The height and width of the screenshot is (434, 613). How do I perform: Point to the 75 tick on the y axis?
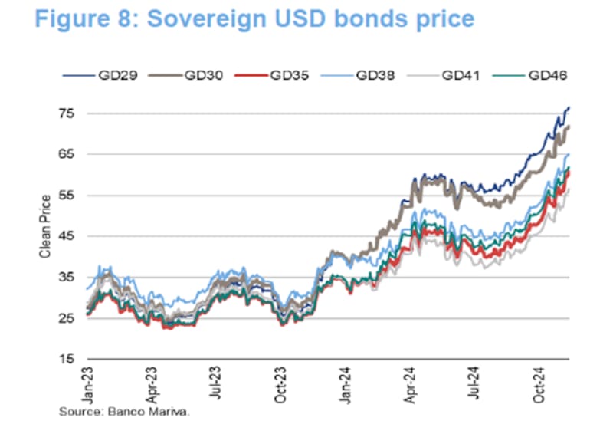tap(68, 113)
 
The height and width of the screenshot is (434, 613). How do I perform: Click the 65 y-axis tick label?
tap(68, 154)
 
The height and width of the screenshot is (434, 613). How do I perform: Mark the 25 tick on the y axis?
tap(68, 318)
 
